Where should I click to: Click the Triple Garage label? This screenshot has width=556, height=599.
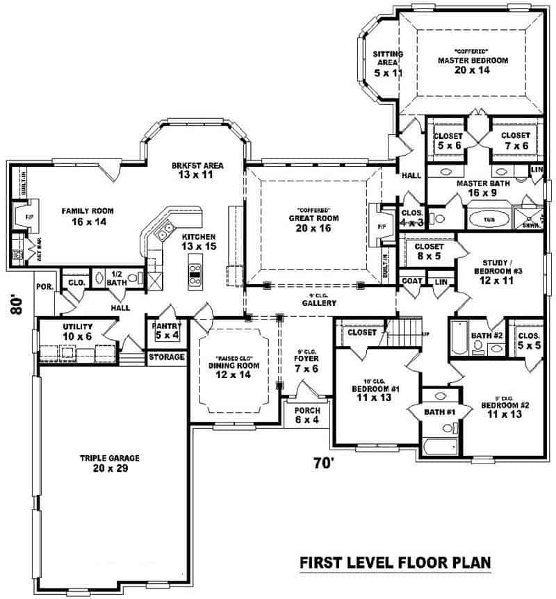[x=110, y=463]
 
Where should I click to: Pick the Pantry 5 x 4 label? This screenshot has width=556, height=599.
[x=167, y=331]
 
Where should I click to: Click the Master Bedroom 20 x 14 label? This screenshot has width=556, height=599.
[x=473, y=65]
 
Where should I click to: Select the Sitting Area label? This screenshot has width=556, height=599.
[x=384, y=63]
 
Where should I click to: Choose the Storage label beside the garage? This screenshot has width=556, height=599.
[x=167, y=357]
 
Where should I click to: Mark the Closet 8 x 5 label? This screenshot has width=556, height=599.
[x=429, y=251]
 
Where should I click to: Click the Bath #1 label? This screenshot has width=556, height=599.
[x=439, y=413]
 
